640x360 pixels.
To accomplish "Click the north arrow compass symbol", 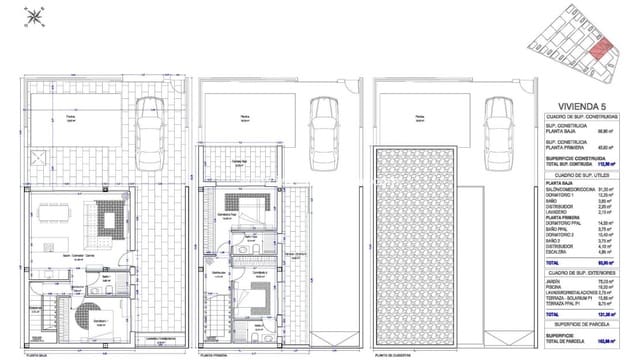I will (34, 14).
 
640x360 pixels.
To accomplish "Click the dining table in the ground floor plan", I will (50, 213).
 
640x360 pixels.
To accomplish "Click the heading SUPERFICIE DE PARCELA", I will (584, 332).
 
